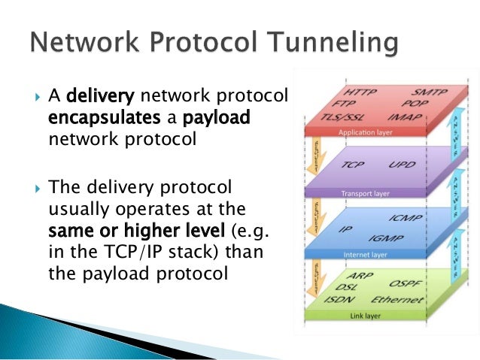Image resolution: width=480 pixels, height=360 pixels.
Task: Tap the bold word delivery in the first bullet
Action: [100, 96]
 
